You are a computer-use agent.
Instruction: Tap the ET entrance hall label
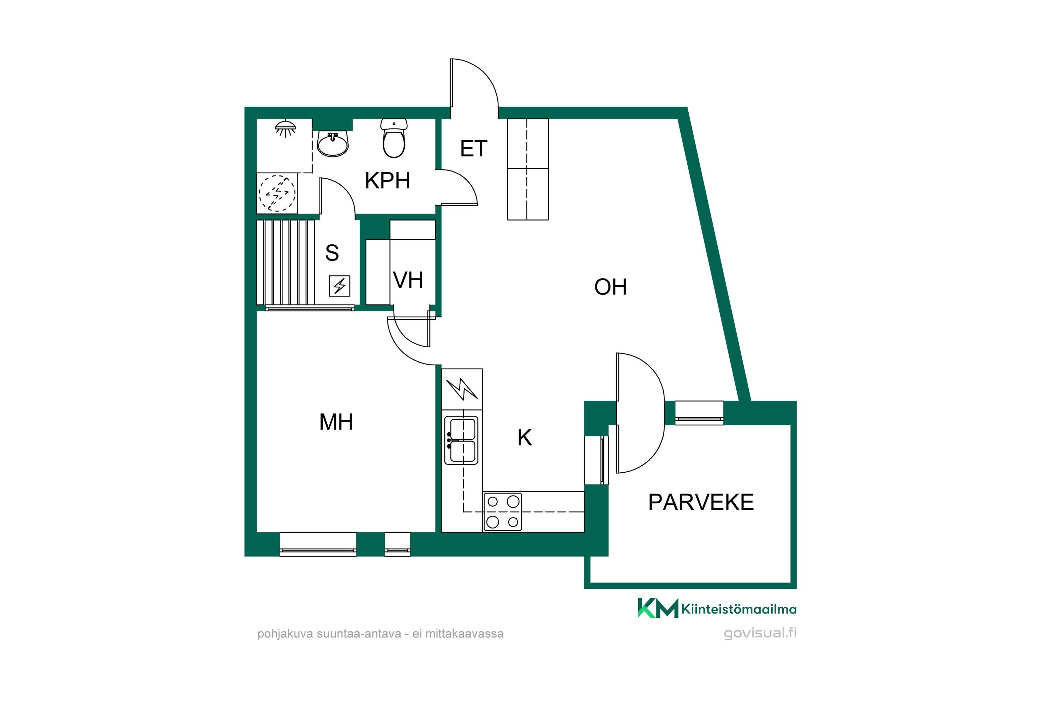pos(473,149)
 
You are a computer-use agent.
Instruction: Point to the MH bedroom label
pos(336,422)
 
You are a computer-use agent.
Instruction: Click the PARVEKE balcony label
pos(701,502)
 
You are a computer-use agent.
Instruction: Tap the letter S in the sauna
pos(332,253)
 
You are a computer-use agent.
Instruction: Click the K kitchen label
pos(525,437)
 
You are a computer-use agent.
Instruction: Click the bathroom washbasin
pos(333,144)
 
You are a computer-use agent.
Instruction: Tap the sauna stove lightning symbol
pos(340,286)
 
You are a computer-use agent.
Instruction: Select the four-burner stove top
pos(502,511)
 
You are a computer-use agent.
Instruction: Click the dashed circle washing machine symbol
pos(277,193)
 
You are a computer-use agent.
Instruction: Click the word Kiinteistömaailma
pos(738,609)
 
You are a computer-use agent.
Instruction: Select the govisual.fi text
pos(760,633)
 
